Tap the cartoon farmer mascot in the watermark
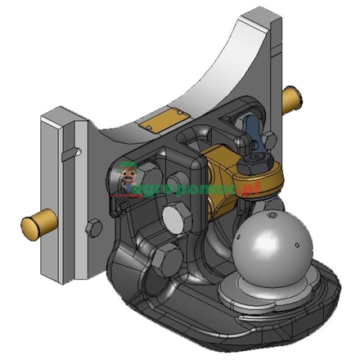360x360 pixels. pyautogui.click(x=129, y=177)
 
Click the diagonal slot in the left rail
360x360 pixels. pyautogui.click(x=72, y=151)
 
